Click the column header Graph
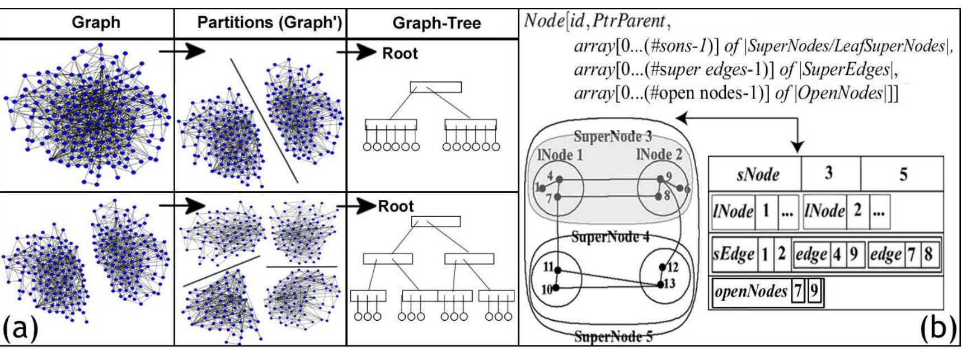[96, 22]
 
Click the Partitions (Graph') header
[269, 22]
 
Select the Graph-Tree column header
[437, 23]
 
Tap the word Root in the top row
[400, 54]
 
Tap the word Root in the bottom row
[396, 206]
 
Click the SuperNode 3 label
[613, 136]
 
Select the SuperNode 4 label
[610, 237]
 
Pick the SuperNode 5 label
[613, 336]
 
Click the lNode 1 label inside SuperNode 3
[560, 156]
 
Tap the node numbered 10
[556, 289]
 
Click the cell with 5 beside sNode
[903, 174]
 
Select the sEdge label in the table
[734, 254]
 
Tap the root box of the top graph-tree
[435, 87]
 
